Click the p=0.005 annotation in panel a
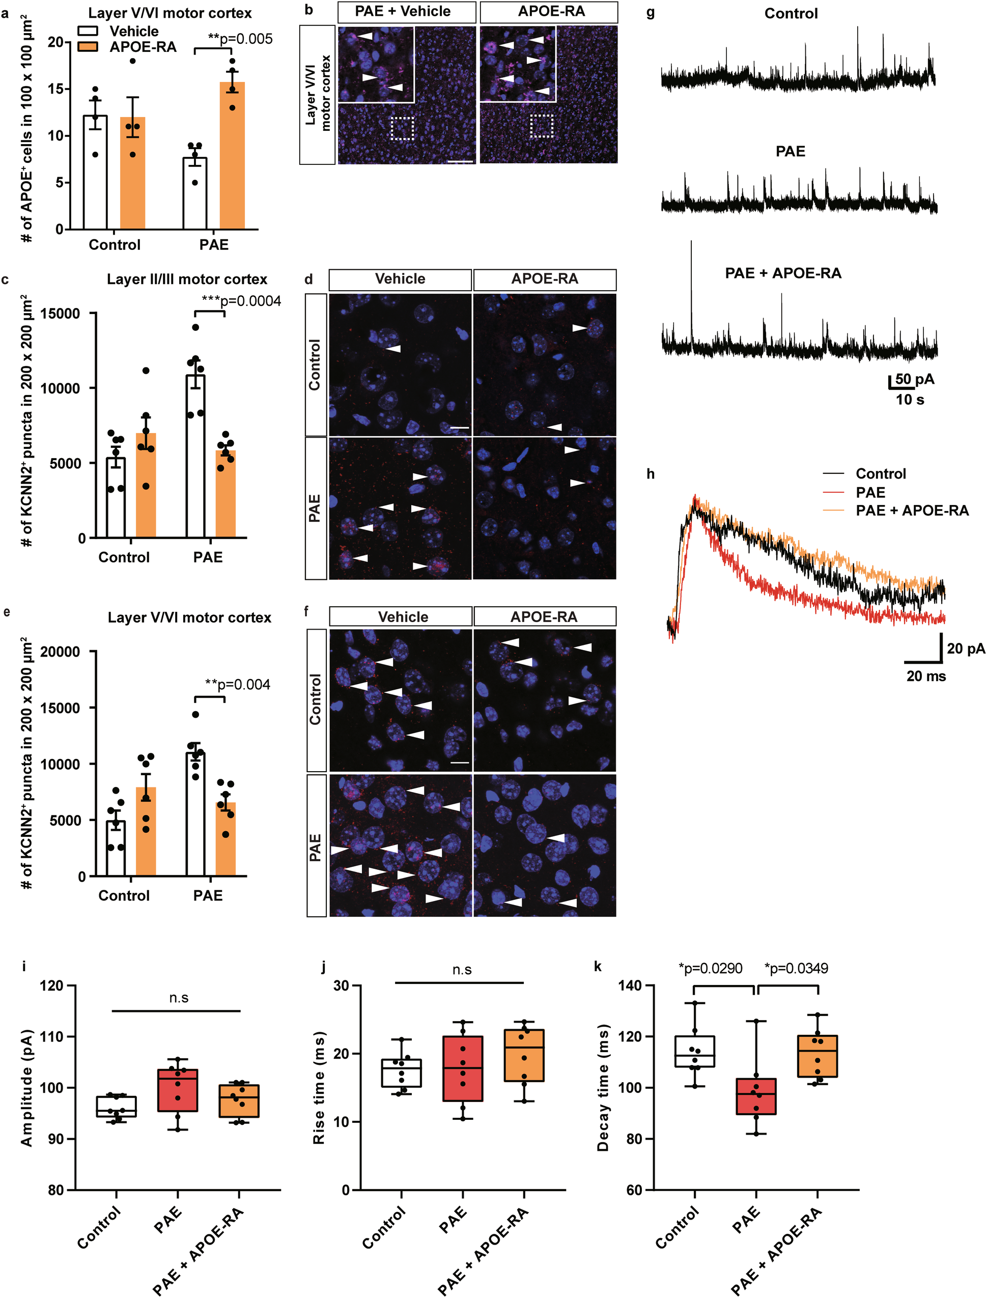[240, 39]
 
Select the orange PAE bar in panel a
[232, 156]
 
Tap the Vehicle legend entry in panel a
[134, 31]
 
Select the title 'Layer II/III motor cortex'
[187, 279]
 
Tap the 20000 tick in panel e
[60, 652]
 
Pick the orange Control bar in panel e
[146, 831]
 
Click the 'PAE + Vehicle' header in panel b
[403, 11]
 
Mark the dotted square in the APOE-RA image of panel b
[541, 126]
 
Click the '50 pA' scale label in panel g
[915, 379]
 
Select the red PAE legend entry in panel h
[869, 492]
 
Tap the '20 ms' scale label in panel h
[926, 676]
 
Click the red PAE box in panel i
[178, 1090]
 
